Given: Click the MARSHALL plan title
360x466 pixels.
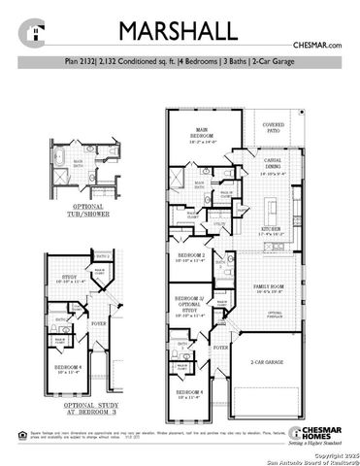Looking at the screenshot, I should [180, 28].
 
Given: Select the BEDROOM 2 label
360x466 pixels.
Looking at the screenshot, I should [189, 258].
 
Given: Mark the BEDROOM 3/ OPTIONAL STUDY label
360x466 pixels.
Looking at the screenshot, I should [189, 306].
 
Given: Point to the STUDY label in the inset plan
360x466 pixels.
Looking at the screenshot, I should [67, 279].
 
